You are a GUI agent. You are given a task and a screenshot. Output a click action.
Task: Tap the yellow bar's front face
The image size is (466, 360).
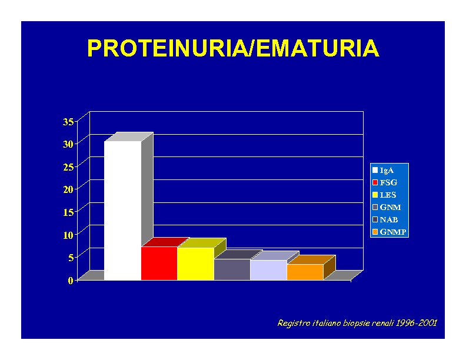pyautogui.click(x=195, y=264)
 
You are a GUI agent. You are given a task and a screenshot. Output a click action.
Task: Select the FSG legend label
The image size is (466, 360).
pyautogui.click(x=388, y=182)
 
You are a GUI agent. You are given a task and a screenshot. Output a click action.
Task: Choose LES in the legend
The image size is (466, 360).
pyautogui.click(x=388, y=195)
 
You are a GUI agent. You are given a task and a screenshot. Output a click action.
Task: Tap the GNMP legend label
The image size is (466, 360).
pyautogui.click(x=393, y=232)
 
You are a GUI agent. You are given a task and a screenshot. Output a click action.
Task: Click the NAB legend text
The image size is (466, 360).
pyautogui.click(x=389, y=219)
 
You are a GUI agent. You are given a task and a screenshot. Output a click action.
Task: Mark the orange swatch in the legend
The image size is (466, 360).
pyautogui.click(x=375, y=232)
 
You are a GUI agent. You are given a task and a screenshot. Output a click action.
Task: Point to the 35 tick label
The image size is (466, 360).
pyautogui.click(x=68, y=122)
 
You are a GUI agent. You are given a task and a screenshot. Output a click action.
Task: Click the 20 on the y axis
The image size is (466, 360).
pyautogui.click(x=68, y=189)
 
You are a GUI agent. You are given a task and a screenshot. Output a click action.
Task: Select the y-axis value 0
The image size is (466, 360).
pyautogui.click(x=71, y=280)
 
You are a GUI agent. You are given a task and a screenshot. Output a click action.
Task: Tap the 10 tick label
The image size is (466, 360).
pyautogui.click(x=68, y=235)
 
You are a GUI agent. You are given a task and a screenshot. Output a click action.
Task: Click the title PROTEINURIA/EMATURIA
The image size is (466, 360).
pyautogui.click(x=234, y=48)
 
